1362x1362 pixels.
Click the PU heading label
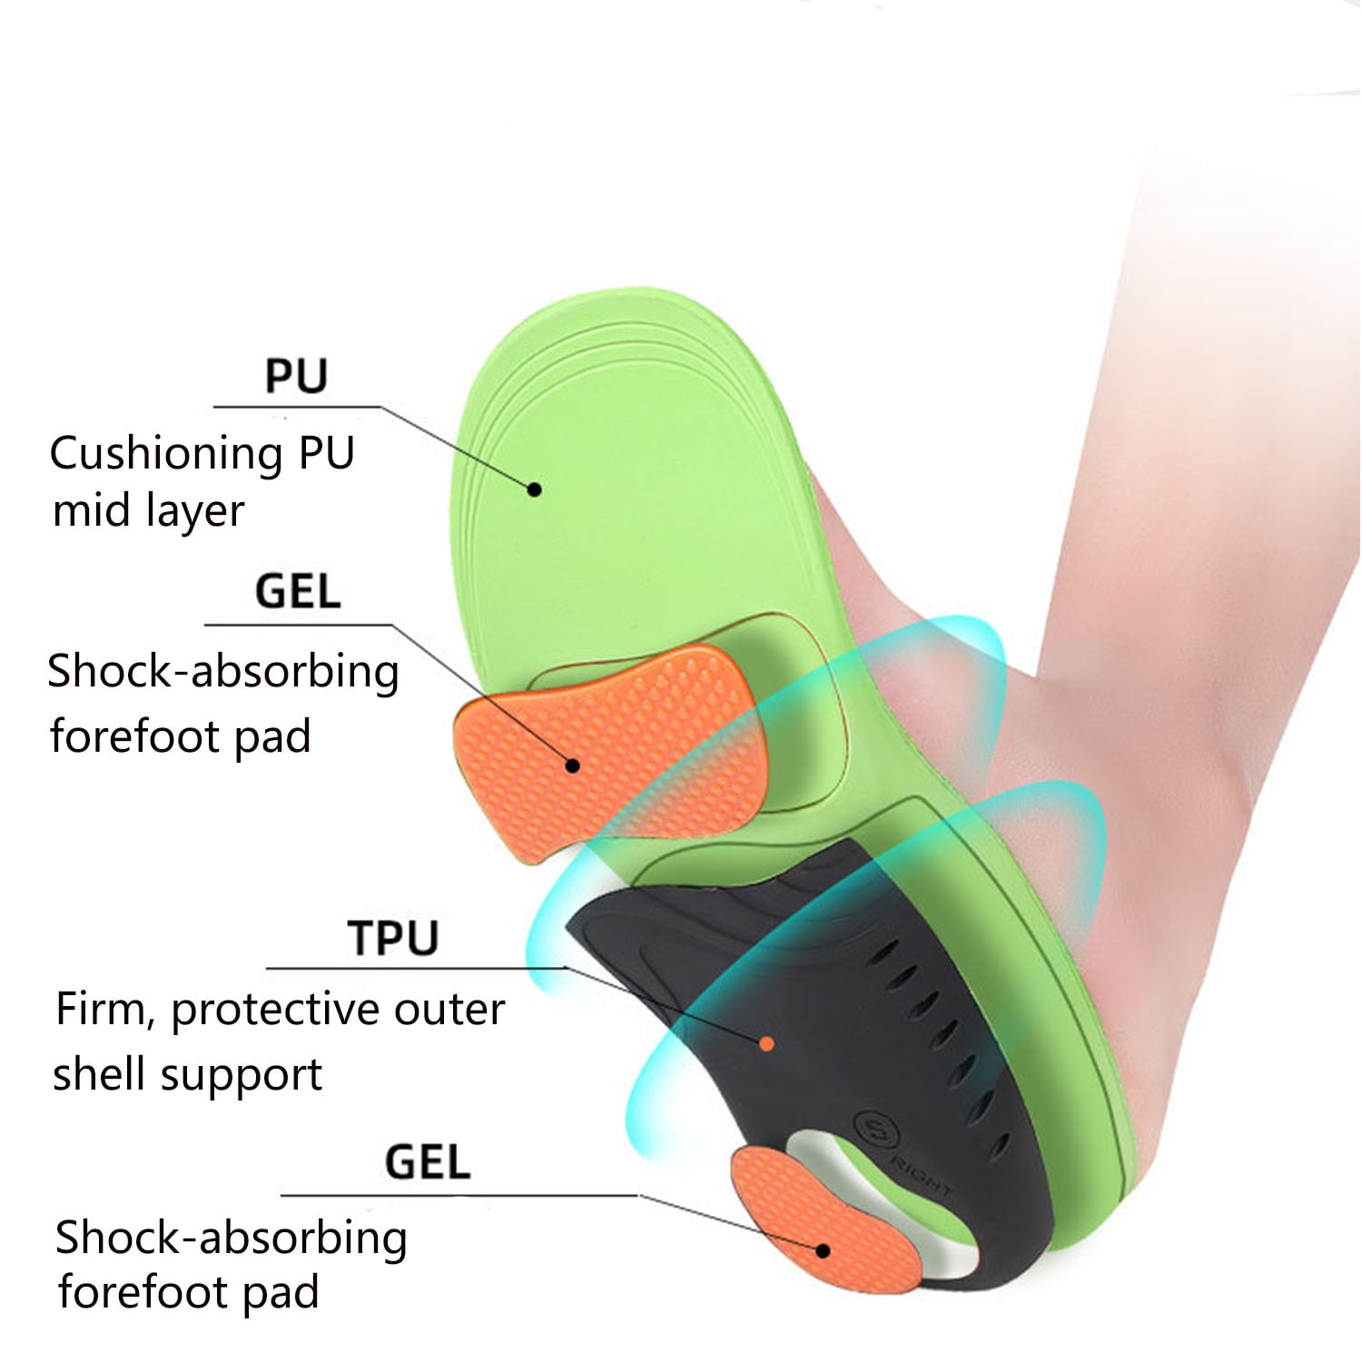[296, 376]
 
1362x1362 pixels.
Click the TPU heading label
[393, 938]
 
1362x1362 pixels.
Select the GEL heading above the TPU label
[298, 591]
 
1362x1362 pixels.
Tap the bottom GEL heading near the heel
[428, 1162]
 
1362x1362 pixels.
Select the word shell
[97, 1074]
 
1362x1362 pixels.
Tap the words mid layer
[149, 510]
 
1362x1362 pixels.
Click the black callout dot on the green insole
[535, 489]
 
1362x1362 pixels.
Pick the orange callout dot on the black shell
[766, 1044]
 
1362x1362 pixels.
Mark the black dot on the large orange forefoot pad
[572, 765]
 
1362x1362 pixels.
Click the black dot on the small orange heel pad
[823, 1250]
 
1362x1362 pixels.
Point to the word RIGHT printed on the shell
[921, 1176]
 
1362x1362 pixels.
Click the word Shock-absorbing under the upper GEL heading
[223, 673]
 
